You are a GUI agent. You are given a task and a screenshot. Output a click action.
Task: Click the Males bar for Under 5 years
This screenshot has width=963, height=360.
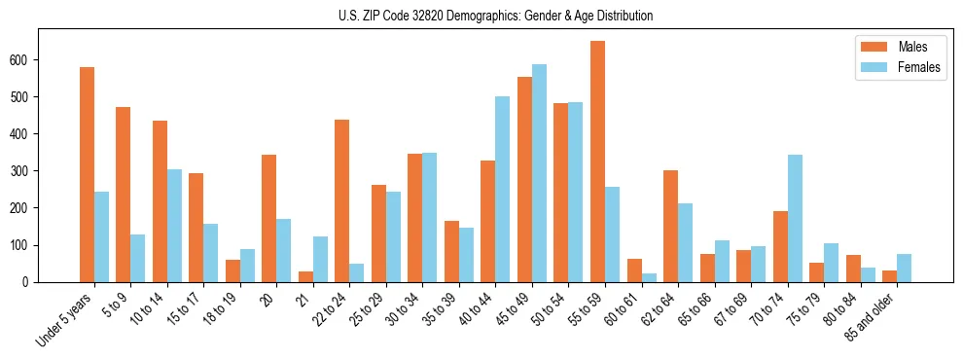pos(87,175)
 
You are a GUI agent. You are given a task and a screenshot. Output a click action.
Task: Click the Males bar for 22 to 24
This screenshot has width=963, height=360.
pos(342,200)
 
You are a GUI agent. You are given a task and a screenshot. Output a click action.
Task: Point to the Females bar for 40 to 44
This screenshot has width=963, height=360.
pos(503,189)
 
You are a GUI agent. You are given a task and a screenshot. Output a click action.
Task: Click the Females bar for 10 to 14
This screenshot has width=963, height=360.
pos(174,226)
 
